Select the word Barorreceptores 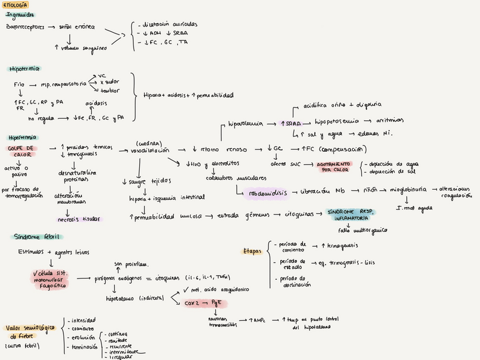coord(25,27)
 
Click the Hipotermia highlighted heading coord(24,68)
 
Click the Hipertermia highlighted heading coord(23,137)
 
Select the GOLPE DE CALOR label coord(21,151)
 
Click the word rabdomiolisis coord(268,193)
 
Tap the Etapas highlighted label coord(251,251)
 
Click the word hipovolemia coord(245,123)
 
